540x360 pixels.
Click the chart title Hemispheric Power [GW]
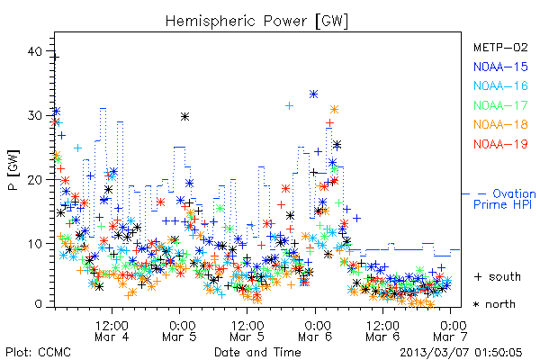(x=256, y=22)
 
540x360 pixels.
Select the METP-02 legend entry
(x=500, y=47)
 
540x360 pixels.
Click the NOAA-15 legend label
(x=500, y=67)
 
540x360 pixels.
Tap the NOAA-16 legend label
(x=500, y=85)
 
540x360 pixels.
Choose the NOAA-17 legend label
(x=500, y=105)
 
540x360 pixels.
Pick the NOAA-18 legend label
(x=500, y=124)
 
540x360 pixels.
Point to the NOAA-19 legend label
(x=500, y=144)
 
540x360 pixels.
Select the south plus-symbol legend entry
(x=498, y=276)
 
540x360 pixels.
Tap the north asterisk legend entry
(x=494, y=304)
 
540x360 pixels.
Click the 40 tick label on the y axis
(x=34, y=51)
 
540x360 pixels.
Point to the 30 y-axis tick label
(x=34, y=115)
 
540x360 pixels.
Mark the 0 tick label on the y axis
(x=38, y=304)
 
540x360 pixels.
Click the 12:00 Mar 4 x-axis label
(x=112, y=331)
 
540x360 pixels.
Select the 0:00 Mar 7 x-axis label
(x=451, y=331)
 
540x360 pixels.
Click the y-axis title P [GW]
(x=13, y=170)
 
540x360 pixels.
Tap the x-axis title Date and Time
(x=257, y=352)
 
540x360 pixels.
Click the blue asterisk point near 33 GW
(x=313, y=94)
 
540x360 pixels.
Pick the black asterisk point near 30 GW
(x=184, y=117)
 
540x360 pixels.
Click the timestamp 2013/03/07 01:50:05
(x=461, y=353)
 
